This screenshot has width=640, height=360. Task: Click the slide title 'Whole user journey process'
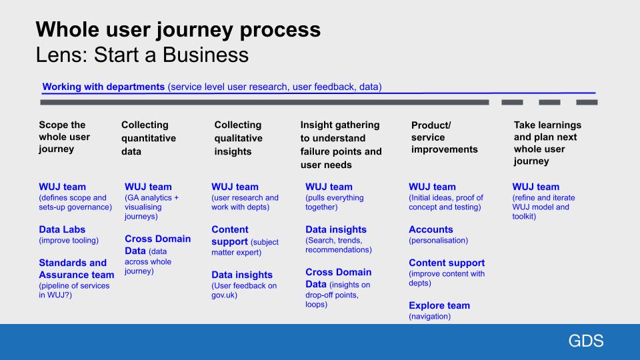click(178, 30)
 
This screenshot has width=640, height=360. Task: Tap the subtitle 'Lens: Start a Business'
click(142, 55)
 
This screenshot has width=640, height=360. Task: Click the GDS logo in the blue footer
click(586, 341)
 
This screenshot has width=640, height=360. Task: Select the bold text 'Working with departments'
click(103, 87)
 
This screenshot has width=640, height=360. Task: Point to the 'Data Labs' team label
click(62, 229)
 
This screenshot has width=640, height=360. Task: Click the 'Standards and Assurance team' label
click(76, 269)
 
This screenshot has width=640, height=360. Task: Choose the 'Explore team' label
click(439, 305)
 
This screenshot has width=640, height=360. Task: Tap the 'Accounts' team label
click(431, 229)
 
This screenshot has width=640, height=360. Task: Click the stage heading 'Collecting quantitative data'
click(149, 138)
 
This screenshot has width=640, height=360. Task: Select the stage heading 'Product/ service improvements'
click(444, 137)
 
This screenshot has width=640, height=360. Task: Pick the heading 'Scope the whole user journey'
click(64, 137)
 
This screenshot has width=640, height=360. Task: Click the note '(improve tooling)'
click(69, 241)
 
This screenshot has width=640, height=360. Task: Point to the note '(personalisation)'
click(439, 241)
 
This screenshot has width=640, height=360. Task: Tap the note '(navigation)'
click(430, 316)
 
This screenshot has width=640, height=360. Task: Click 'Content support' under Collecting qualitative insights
click(230, 235)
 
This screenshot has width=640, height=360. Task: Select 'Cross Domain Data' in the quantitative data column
click(157, 245)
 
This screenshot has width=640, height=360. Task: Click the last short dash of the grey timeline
click(587, 103)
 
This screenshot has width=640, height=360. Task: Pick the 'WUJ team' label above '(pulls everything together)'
click(329, 187)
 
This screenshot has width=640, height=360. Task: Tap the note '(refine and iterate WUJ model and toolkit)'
click(544, 207)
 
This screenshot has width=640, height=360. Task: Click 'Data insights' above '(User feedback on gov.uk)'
click(241, 275)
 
